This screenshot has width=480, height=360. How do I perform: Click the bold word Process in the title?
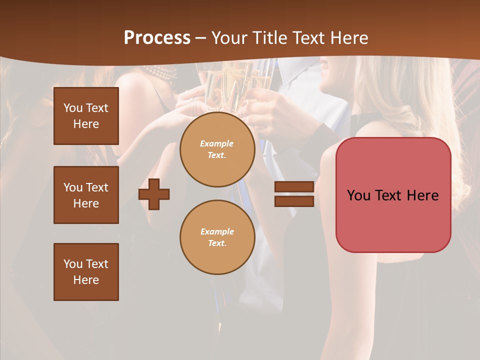coord(157,37)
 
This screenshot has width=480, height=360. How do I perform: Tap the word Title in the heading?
coord(268,38)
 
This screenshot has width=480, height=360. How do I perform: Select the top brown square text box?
coord(86,116)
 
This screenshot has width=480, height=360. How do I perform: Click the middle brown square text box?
coord(86,195)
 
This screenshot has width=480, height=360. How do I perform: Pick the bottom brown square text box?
coord(86,272)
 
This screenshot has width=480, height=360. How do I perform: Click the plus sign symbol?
coord(154,194)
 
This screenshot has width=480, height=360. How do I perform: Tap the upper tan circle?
coord(217,149)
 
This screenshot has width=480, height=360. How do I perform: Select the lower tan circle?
coord(217,237)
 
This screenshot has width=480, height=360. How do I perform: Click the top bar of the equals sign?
coord(294,187)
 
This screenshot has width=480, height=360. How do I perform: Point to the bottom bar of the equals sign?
coord(294,201)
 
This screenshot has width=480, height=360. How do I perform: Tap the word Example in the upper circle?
coord(217,143)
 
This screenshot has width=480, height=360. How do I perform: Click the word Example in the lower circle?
coord(217,231)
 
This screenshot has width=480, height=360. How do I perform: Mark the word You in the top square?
coord(72,108)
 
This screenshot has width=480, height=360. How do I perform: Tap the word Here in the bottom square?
coord(86,280)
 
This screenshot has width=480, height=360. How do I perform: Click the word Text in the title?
coord(307,38)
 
